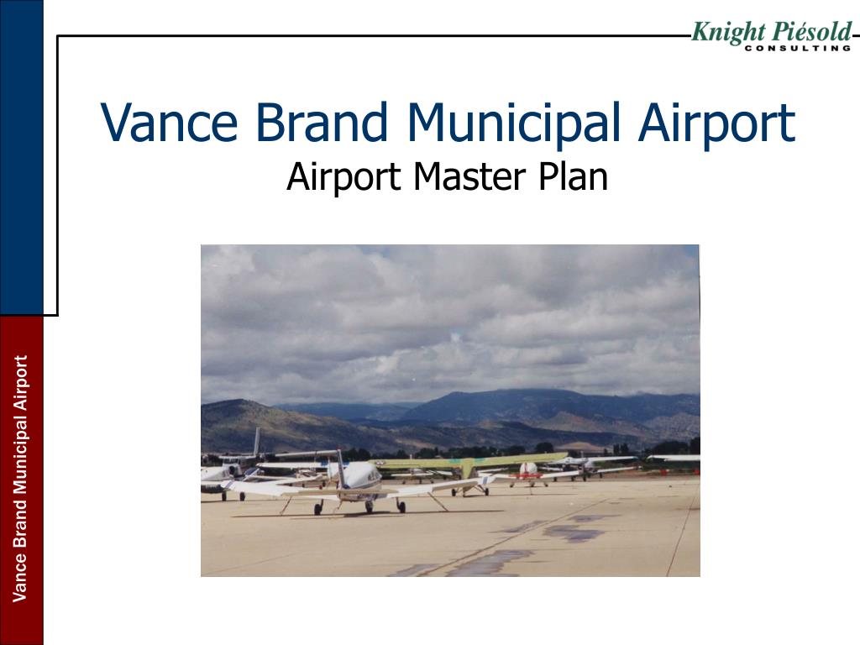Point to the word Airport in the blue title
[x=716, y=123]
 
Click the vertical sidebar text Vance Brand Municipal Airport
[x=21, y=479]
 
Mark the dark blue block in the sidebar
[x=21, y=155]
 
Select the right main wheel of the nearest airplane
[x=401, y=506]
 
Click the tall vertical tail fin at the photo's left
[x=256, y=442]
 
